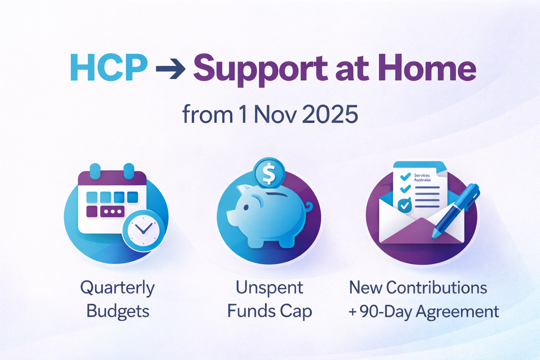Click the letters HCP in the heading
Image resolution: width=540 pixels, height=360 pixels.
[x=109, y=68]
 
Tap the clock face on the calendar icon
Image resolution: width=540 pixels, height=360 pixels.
[x=143, y=230]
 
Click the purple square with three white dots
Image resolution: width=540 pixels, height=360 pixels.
[x=112, y=212]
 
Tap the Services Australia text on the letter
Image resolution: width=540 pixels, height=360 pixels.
[x=422, y=178]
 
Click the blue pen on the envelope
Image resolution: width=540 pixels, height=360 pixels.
[x=457, y=209]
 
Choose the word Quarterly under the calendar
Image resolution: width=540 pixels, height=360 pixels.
[x=117, y=288]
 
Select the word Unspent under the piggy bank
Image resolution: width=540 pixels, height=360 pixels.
[x=269, y=288]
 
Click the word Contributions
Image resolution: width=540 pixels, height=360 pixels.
[x=436, y=288]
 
